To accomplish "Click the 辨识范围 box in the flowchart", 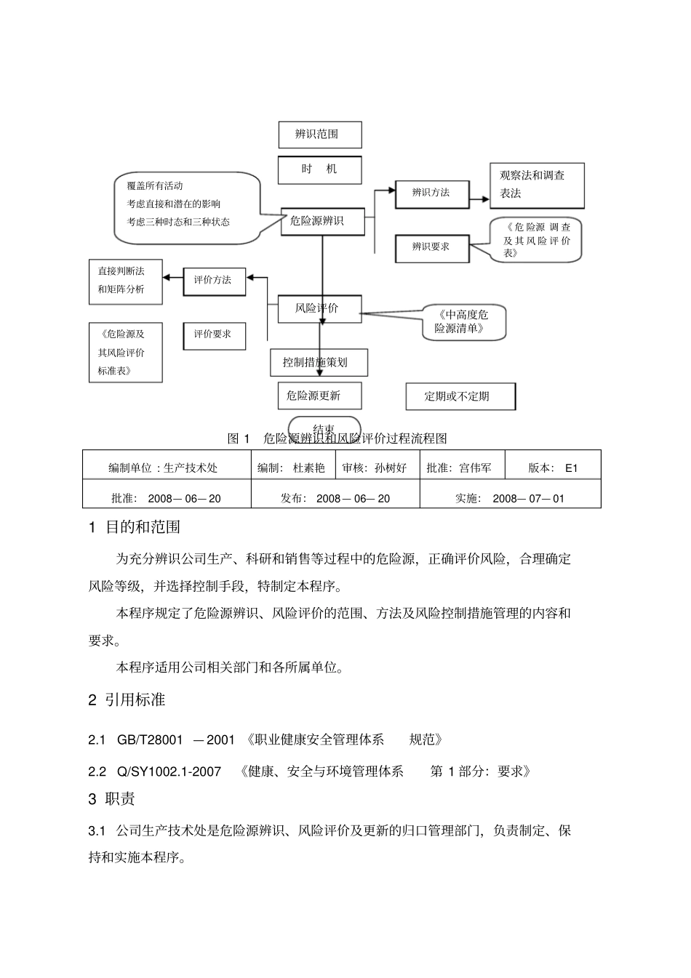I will pyautogui.click(x=319, y=135).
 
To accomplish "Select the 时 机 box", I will pyautogui.click(x=319, y=169).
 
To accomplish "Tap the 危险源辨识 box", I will pyautogui.click(x=321, y=221).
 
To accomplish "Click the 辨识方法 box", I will pyautogui.click(x=431, y=193).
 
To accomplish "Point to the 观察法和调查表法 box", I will pyautogui.click(x=537, y=185).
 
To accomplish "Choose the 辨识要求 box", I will pyautogui.click(x=431, y=247).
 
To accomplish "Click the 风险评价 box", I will pyautogui.click(x=319, y=308).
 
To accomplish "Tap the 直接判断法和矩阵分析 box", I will pyautogui.click(x=125, y=281).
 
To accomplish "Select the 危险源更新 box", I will pyautogui.click(x=319, y=396).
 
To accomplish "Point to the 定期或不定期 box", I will pyautogui.click(x=460, y=396).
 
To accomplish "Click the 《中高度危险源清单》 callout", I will pyautogui.click(x=463, y=321).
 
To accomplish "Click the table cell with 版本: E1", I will pyautogui.click(x=552, y=468).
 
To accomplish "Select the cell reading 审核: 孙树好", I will pyautogui.click(x=379, y=468).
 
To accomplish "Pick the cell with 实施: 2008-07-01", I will pyautogui.click(x=510, y=499).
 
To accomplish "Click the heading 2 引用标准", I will pyautogui.click(x=127, y=700).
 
